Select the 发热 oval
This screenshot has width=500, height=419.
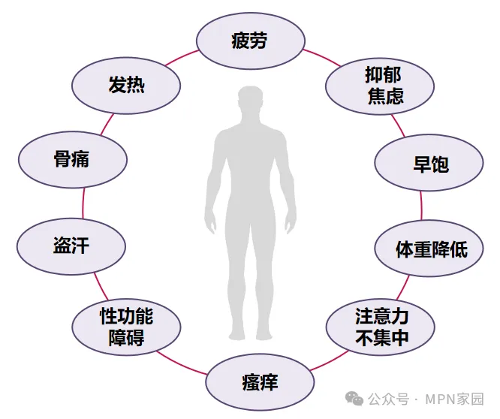point(126,85)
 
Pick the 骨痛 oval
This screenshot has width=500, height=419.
point(72,158)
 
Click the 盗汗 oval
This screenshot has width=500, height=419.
point(71,246)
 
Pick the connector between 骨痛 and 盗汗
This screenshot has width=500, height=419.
point(83,201)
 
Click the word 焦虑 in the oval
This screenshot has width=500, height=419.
point(385,96)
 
